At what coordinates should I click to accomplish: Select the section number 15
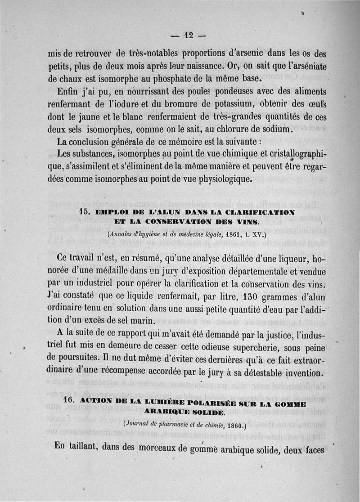coord(85,212)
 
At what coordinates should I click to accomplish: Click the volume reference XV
coord(258,235)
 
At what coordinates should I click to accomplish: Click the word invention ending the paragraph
coord(301,373)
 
